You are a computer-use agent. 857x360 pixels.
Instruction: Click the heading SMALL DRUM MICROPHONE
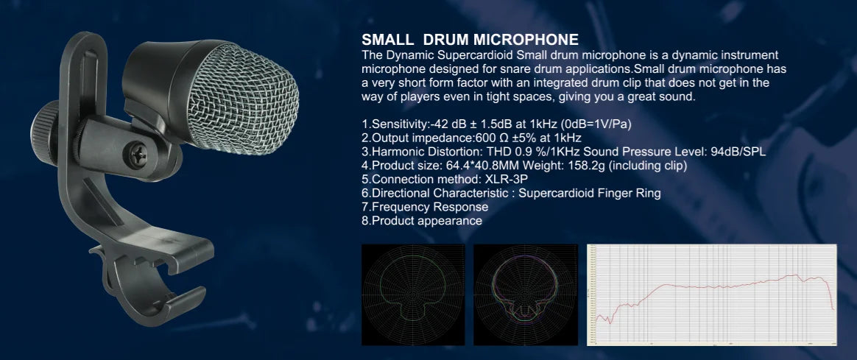pyautogui.click(x=470, y=40)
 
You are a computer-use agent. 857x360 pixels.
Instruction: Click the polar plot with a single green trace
pyautogui.click(x=412, y=294)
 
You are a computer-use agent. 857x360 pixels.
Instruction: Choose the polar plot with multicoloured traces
pyautogui.click(x=525, y=294)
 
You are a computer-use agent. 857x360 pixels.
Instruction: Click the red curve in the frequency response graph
pyautogui.click(x=707, y=285)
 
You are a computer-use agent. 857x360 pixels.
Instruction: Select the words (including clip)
pyautogui.click(x=651, y=166)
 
